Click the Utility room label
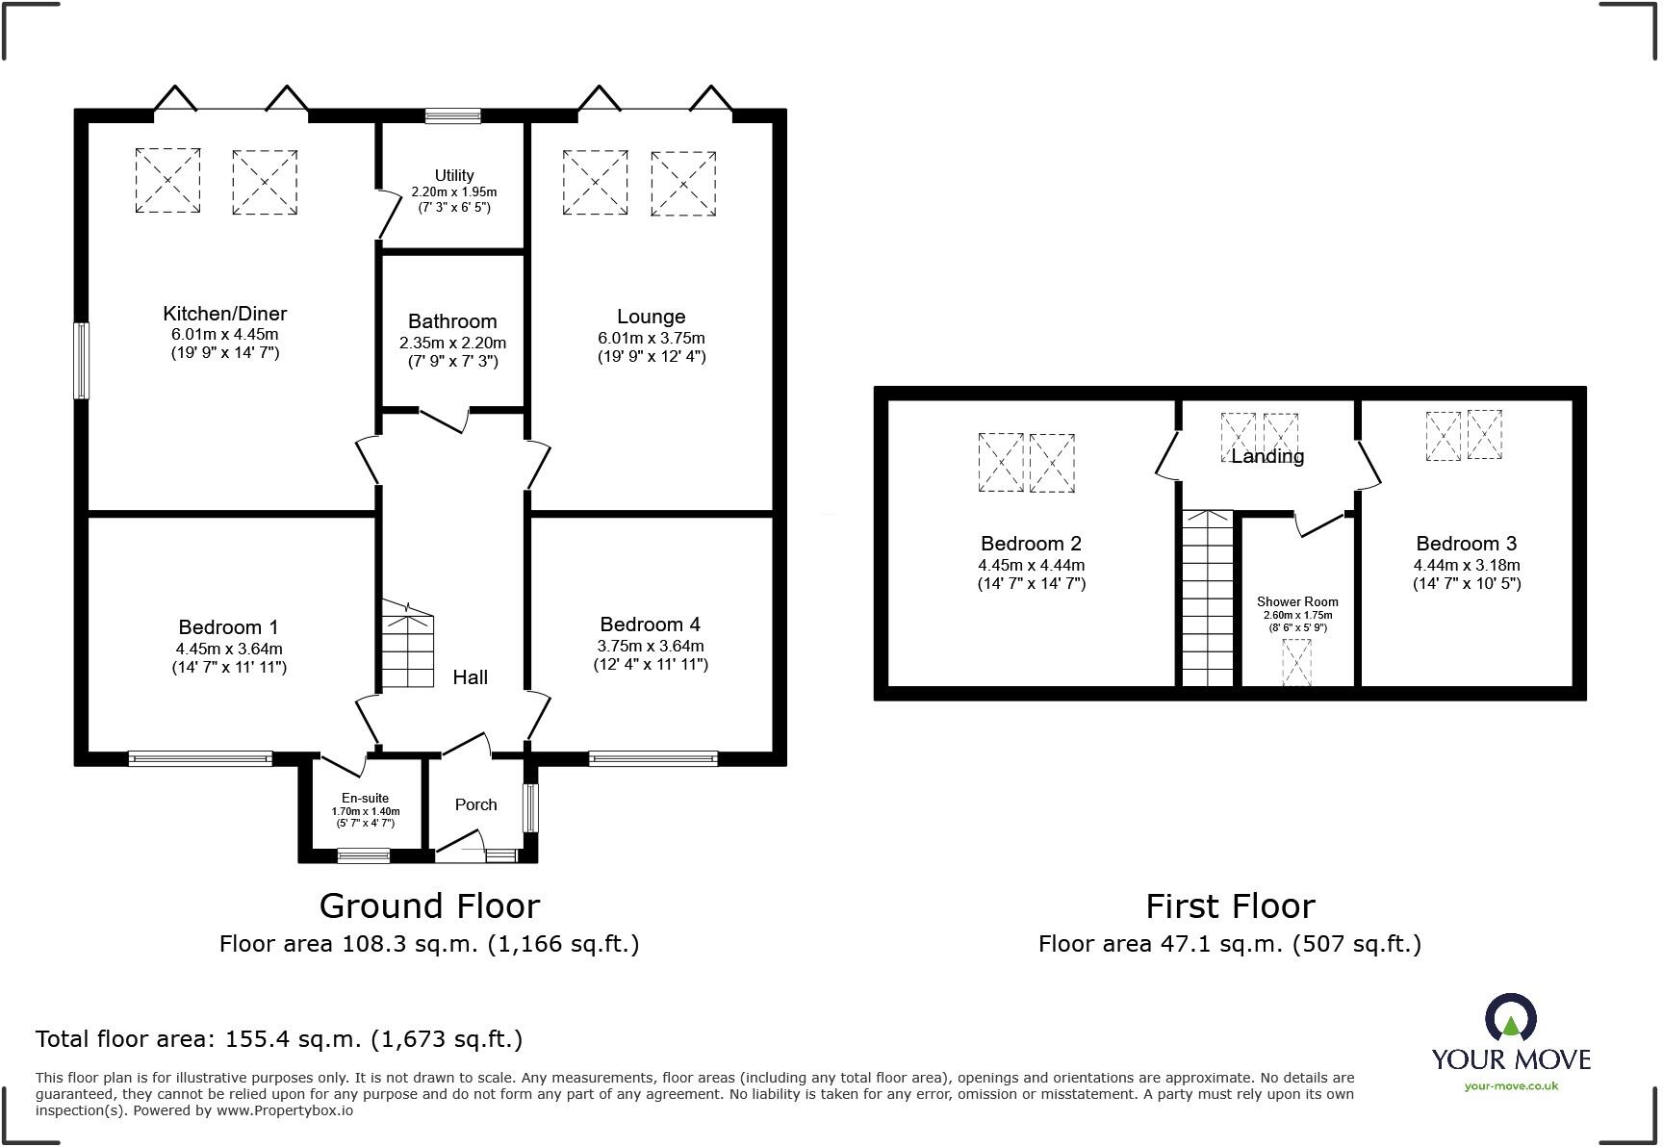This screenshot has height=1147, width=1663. [x=454, y=175]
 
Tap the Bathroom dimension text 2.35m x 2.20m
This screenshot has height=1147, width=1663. [x=452, y=343]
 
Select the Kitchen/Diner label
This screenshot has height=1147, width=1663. [x=224, y=314]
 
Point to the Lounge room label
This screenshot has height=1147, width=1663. [x=651, y=317]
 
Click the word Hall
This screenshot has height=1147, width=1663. [x=470, y=677]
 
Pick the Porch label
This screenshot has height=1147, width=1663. [x=475, y=804]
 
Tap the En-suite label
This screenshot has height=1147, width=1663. [x=366, y=798]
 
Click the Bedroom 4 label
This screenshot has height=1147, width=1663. [x=650, y=624]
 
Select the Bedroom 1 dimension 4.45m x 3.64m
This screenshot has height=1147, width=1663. [x=229, y=649]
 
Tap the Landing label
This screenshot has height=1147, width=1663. [x=1267, y=457]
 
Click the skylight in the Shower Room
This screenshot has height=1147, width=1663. [x=1296, y=663]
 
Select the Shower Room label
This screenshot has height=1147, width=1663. [x=1296, y=602]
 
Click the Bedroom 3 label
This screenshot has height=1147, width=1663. [x=1466, y=544]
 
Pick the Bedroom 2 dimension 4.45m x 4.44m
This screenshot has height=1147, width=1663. [x=1031, y=566]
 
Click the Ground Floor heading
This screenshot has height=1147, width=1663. [x=429, y=905]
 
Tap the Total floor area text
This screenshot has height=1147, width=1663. [x=279, y=1039]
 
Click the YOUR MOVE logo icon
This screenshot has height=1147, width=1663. [x=1510, y=1018]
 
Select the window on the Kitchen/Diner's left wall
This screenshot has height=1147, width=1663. [x=82, y=361]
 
